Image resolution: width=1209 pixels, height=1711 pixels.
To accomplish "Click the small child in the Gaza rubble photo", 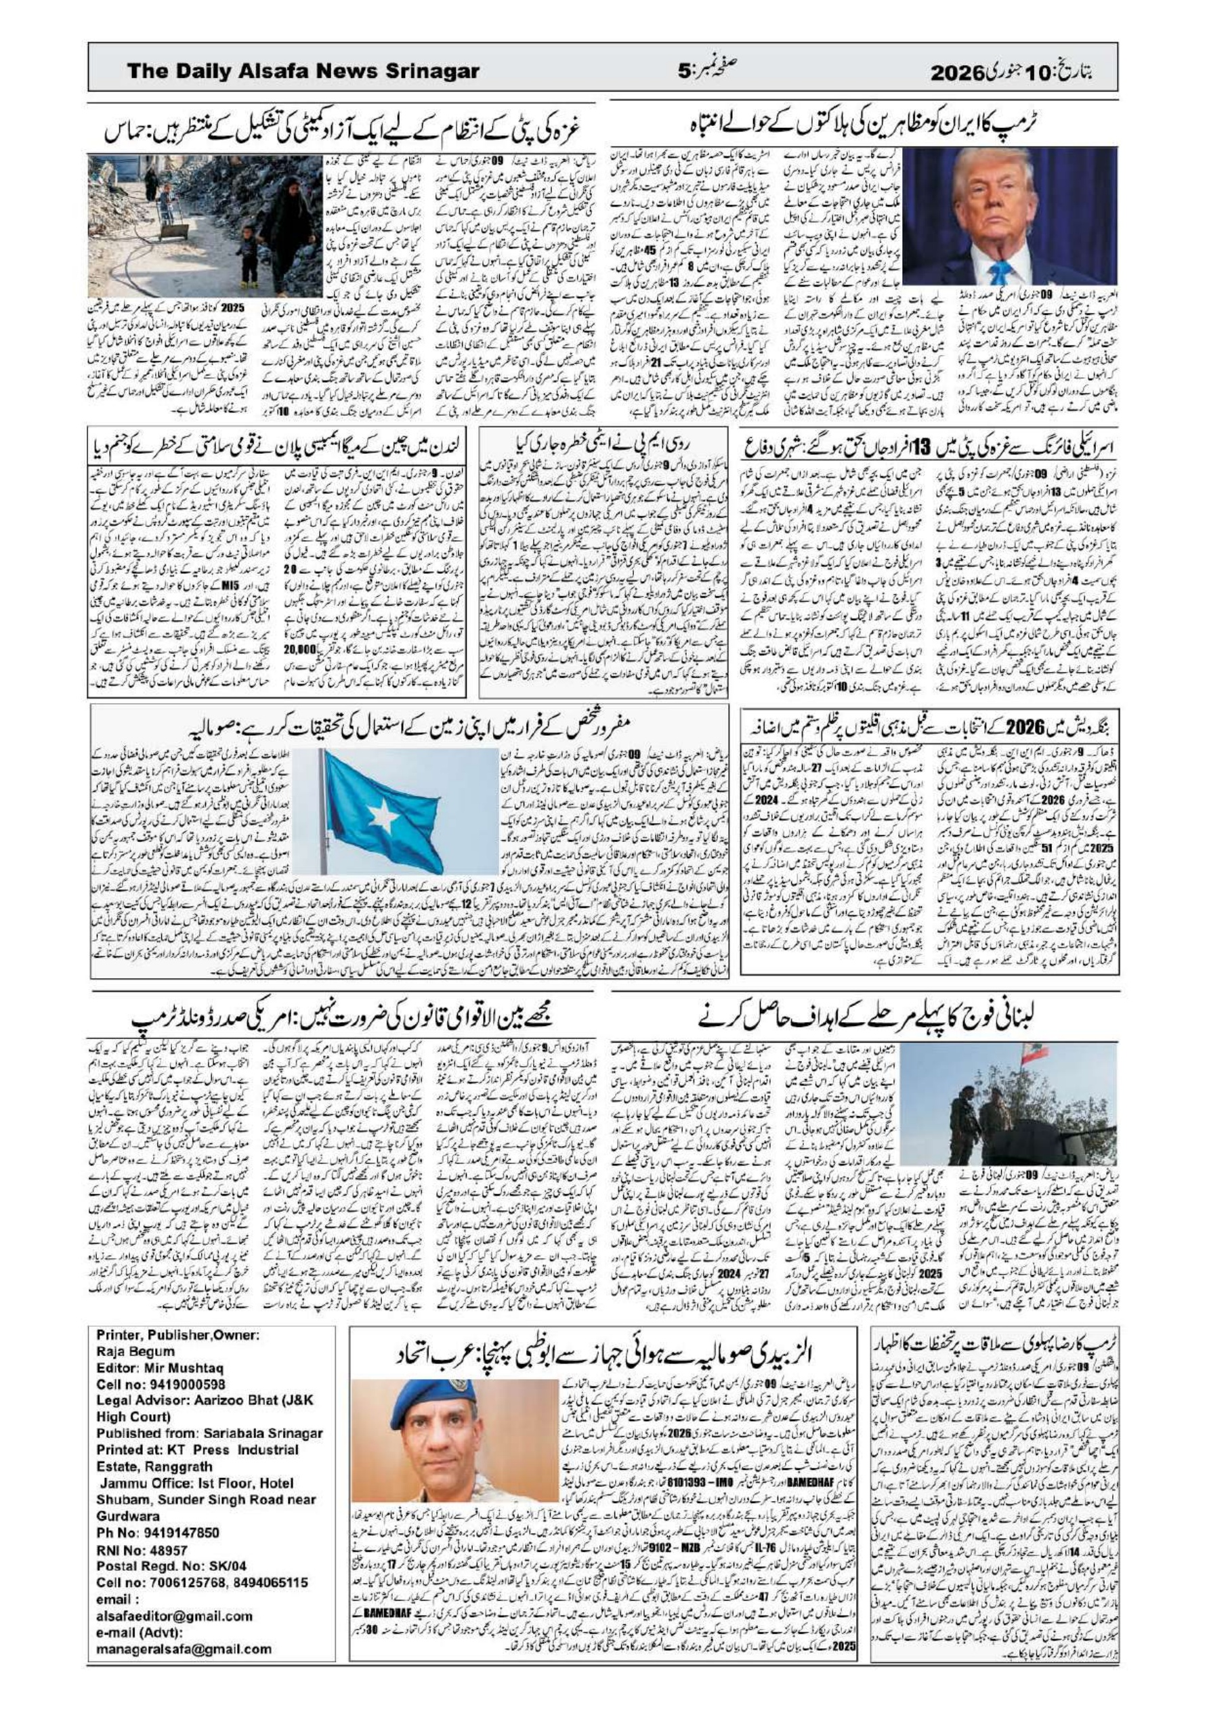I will pyautogui.click(x=247, y=250).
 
